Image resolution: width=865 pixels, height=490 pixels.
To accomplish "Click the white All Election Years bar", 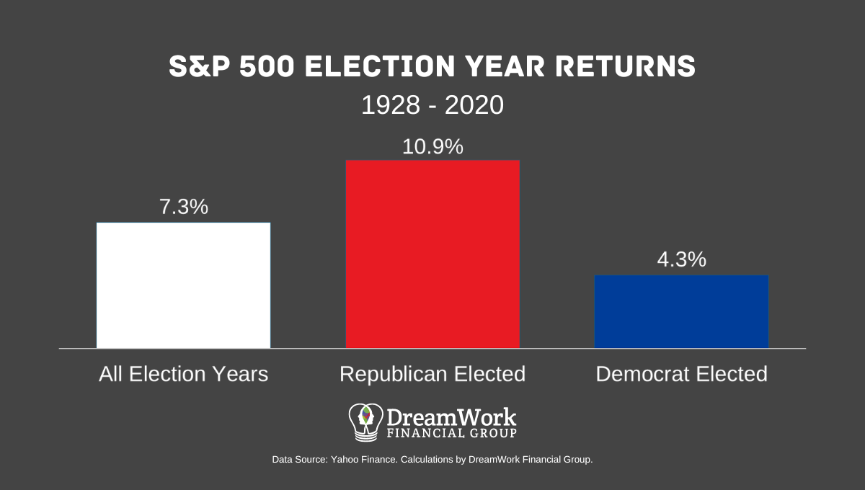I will tap(183, 285).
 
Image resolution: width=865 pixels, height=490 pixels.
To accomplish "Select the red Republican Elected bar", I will tap(432, 254).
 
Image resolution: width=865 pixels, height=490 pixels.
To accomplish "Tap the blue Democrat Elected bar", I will tap(681, 311).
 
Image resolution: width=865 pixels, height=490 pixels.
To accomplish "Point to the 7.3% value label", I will tap(183, 208).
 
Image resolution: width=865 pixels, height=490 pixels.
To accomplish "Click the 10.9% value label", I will tap(432, 146).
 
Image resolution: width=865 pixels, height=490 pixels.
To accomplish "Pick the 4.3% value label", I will tap(681, 260).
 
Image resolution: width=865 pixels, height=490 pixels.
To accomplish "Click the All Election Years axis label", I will tap(183, 375).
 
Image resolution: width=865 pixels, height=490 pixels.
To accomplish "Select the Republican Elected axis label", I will tap(432, 375).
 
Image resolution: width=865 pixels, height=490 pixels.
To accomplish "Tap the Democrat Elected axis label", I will tap(681, 375).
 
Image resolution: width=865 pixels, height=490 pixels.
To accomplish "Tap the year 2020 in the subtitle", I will tap(474, 106).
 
